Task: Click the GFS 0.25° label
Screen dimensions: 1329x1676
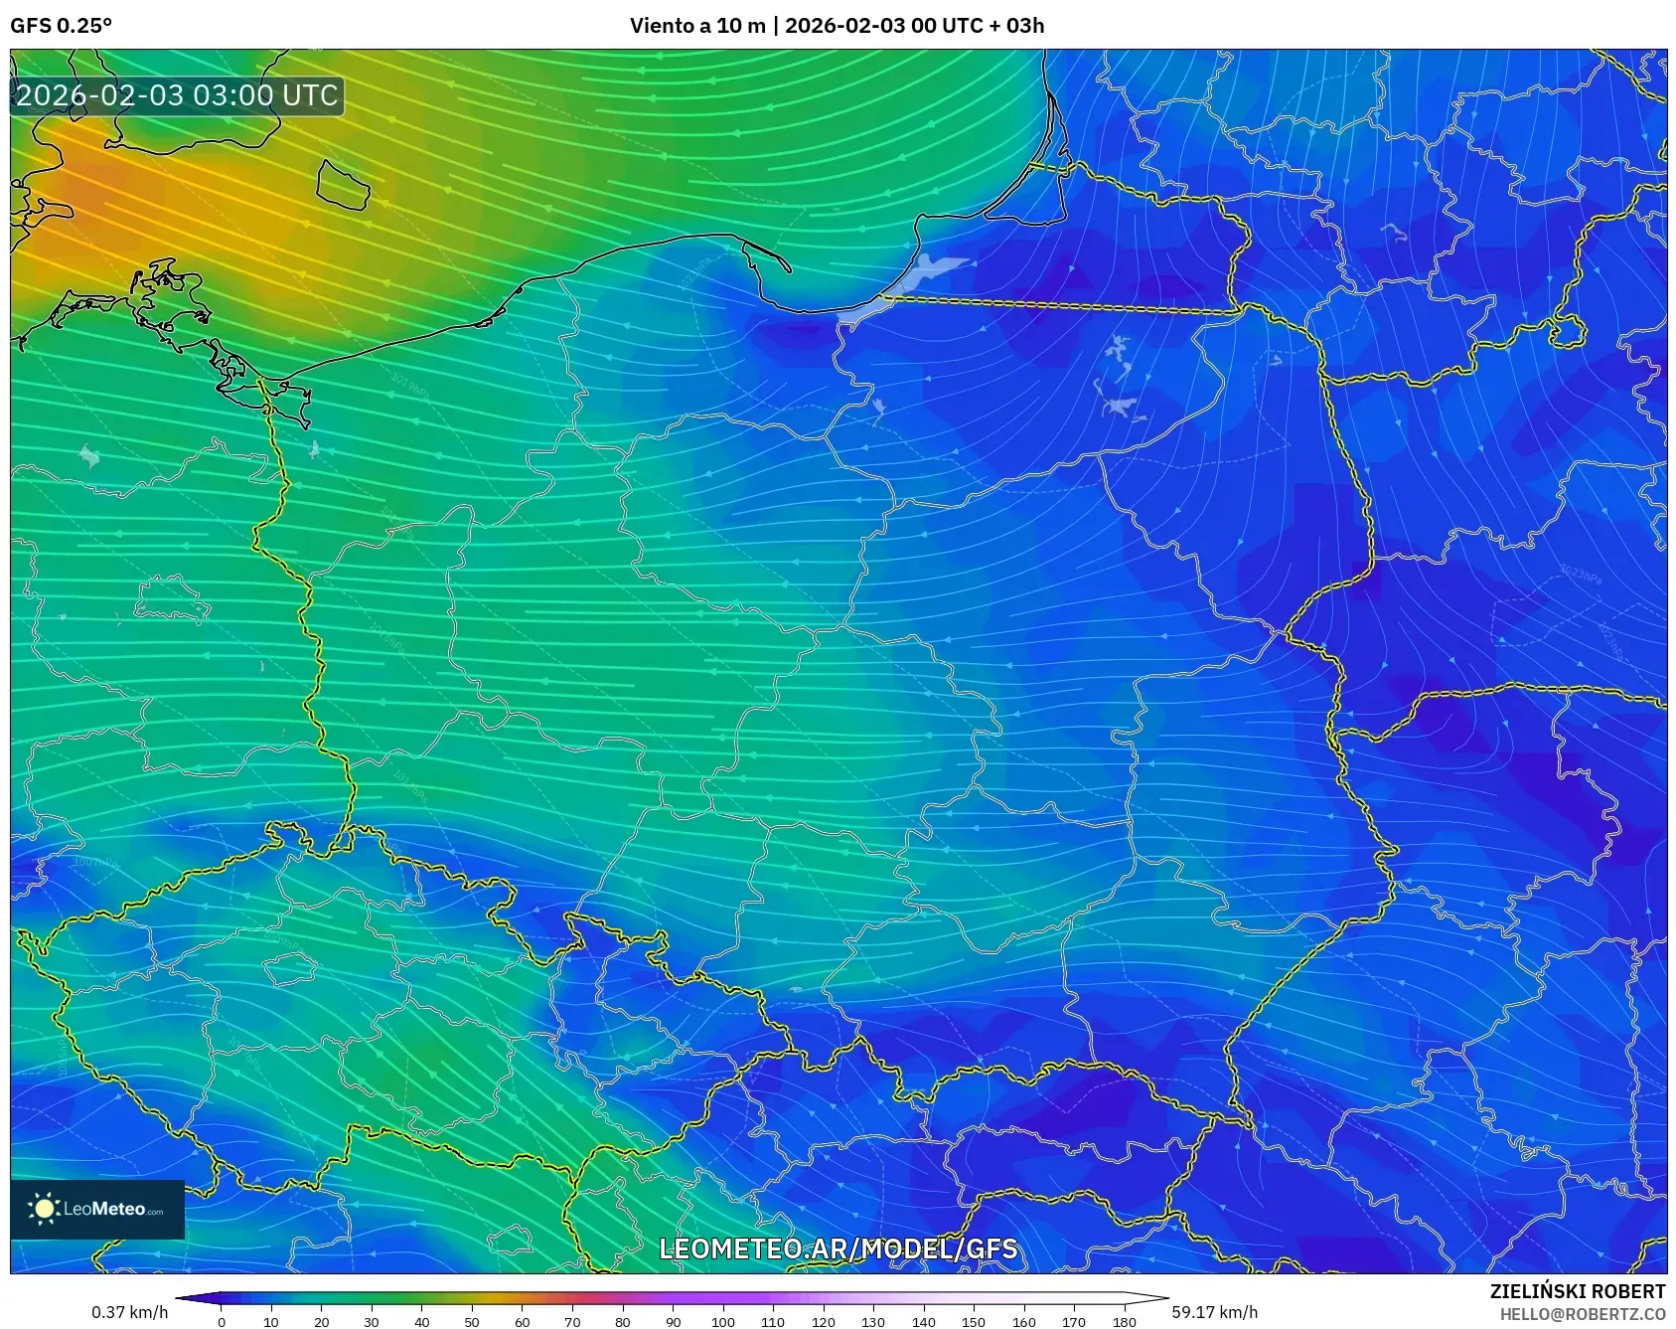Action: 61,26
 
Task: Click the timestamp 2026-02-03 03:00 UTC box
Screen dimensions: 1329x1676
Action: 177,95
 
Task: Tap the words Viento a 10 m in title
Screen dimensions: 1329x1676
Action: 697,26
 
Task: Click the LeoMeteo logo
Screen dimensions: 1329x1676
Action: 97,1209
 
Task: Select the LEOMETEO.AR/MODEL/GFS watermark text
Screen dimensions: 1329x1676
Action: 838,1248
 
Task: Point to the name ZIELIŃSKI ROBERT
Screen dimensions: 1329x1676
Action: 1577,1291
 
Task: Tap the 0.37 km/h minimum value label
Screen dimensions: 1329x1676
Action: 129,1312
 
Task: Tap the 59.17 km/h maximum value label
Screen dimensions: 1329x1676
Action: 1214,1312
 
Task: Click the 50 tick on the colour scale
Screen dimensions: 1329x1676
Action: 472,1321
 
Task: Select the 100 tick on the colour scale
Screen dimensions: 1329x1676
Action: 722,1321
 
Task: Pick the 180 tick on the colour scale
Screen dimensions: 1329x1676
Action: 1124,1321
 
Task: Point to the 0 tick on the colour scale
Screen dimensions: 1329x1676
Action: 222,1321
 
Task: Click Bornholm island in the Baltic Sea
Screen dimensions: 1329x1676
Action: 343,185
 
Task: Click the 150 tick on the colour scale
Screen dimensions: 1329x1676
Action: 974,1321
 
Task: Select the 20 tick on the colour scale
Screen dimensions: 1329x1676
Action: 321,1321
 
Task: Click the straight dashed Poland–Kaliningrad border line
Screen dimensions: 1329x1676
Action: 1063,304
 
